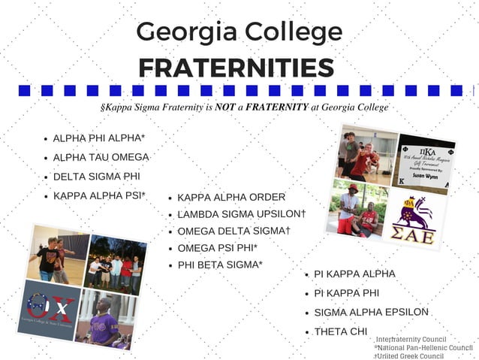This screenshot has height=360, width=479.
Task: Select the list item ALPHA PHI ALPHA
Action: (98, 138)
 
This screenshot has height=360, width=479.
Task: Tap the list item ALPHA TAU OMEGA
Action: (101, 157)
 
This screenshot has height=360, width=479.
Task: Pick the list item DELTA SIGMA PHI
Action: (96, 177)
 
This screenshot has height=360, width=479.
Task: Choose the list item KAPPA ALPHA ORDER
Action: (231, 197)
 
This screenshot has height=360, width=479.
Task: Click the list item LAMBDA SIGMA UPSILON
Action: (241, 214)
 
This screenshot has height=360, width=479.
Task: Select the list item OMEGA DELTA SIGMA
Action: (233, 231)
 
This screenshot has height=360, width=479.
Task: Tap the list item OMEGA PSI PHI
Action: (218, 247)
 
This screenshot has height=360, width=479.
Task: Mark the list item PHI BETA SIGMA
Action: (220, 265)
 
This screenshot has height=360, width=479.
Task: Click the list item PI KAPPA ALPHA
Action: (354, 274)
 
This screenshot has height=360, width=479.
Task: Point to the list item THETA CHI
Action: (339, 331)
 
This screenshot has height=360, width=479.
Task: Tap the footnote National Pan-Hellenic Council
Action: (425, 347)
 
